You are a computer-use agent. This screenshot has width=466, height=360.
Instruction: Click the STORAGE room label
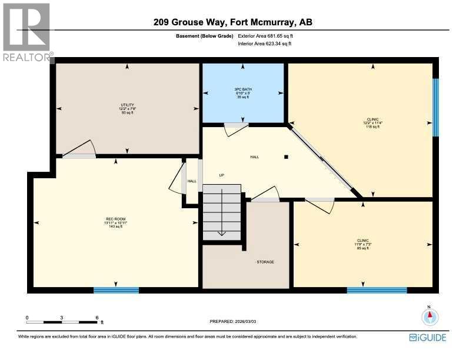(x=265, y=262)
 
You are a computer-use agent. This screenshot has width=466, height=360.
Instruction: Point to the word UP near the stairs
(x=221, y=175)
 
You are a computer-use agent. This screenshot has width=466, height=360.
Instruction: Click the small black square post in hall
(x=286, y=157)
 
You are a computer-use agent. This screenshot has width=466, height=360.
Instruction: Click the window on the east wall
(x=435, y=107)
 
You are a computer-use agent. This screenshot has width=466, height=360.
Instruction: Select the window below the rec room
(x=116, y=290)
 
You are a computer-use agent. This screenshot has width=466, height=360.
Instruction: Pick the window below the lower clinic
(x=377, y=290)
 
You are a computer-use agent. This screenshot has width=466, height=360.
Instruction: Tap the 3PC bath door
(x=237, y=128)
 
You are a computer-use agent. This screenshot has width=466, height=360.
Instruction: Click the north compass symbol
(x=430, y=316)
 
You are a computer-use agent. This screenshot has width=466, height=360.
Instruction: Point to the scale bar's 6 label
(x=97, y=317)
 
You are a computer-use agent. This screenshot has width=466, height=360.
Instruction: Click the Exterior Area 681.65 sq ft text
(x=265, y=36)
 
